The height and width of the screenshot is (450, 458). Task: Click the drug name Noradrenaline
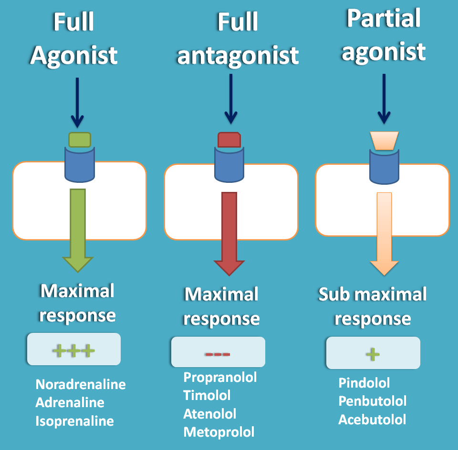pos(81,384)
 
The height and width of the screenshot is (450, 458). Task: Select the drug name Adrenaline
pos(70,402)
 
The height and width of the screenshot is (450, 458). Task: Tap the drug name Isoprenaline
pos(74,421)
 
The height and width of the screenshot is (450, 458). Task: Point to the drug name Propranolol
pos(220,377)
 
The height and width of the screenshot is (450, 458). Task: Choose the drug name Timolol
pos(207,395)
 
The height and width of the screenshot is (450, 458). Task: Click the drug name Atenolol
pos(209,414)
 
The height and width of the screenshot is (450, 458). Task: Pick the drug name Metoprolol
pos(219,432)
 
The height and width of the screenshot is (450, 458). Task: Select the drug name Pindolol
pos(364,383)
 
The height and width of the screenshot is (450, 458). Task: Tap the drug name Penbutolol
pos(372,401)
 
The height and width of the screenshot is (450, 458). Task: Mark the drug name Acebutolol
pos(372,420)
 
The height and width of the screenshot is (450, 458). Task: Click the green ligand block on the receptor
pos(80,140)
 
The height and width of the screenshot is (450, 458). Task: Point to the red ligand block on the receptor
pos(229,140)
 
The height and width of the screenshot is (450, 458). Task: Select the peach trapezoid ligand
pos(384,140)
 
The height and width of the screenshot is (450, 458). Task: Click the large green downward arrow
pos(78,229)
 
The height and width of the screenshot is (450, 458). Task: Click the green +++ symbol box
pos(74,351)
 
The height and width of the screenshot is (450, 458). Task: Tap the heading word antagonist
pos(238,55)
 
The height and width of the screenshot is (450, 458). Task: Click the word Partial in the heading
pos(384,19)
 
